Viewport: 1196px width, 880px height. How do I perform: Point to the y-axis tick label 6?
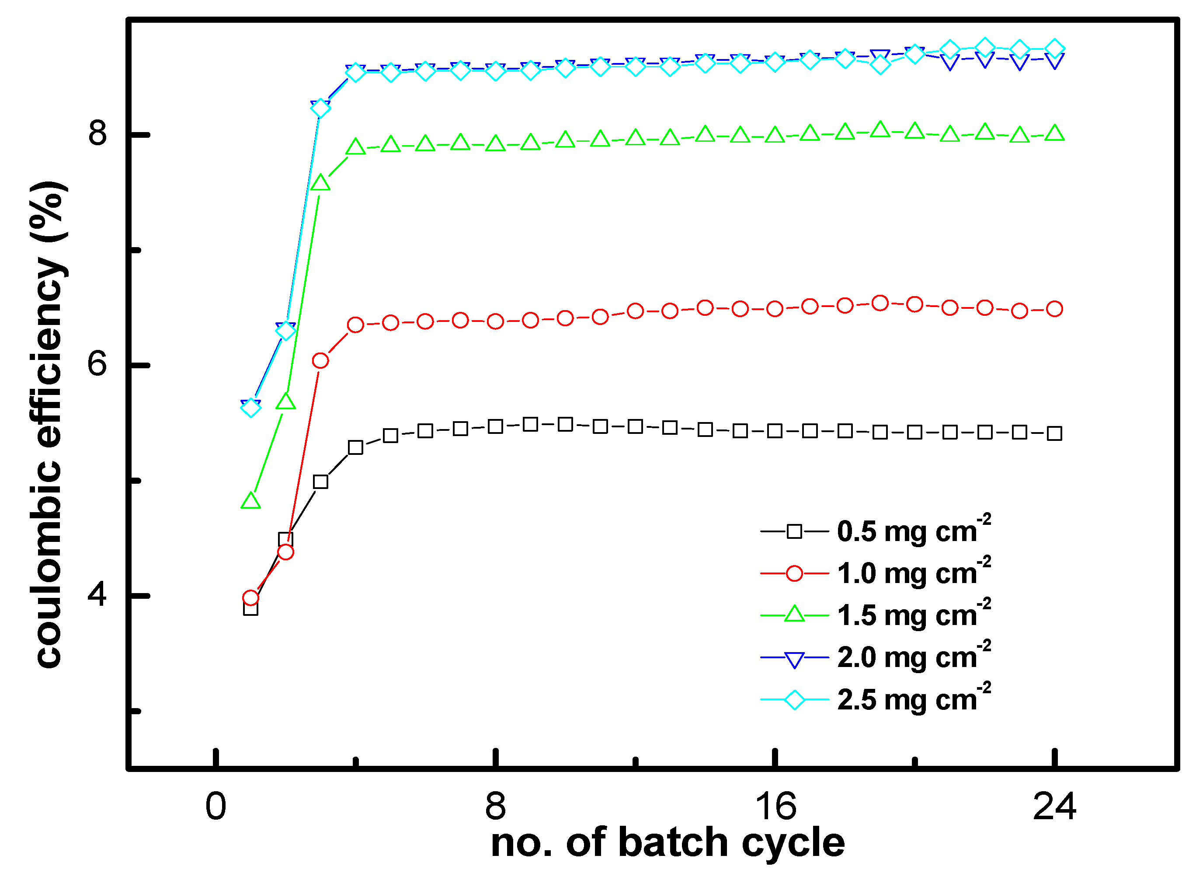(98, 364)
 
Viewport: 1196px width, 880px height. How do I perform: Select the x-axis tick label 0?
(216, 807)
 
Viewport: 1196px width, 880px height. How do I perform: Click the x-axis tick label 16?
(775, 807)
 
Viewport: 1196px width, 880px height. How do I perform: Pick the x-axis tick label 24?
(1054, 807)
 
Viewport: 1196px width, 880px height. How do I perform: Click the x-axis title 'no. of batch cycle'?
(668, 843)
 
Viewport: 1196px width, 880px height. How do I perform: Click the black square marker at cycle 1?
(251, 608)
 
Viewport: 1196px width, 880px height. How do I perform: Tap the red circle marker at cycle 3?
(320, 361)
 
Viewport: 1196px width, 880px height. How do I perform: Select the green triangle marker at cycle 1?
(251, 501)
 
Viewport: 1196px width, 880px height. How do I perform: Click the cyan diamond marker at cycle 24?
(1054, 49)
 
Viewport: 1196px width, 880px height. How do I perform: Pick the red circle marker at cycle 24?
(1054, 309)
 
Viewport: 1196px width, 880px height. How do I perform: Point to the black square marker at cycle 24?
(1054, 433)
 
